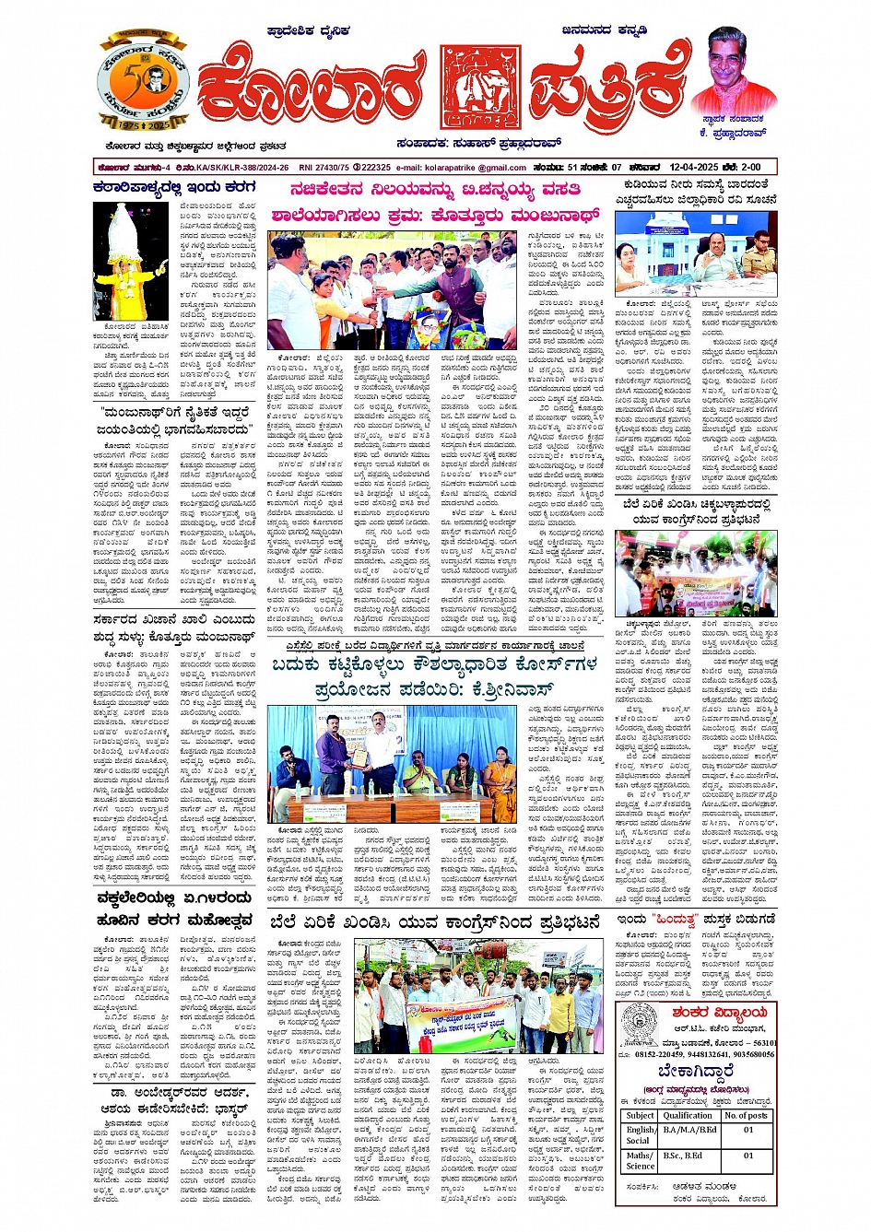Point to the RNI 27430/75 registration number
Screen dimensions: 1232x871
point(322,168)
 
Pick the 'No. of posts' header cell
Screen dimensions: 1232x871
point(747,1115)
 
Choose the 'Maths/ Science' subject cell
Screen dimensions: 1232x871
point(640,1160)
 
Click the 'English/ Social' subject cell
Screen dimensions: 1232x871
point(640,1134)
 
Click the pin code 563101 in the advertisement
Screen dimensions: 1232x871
point(761,1043)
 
